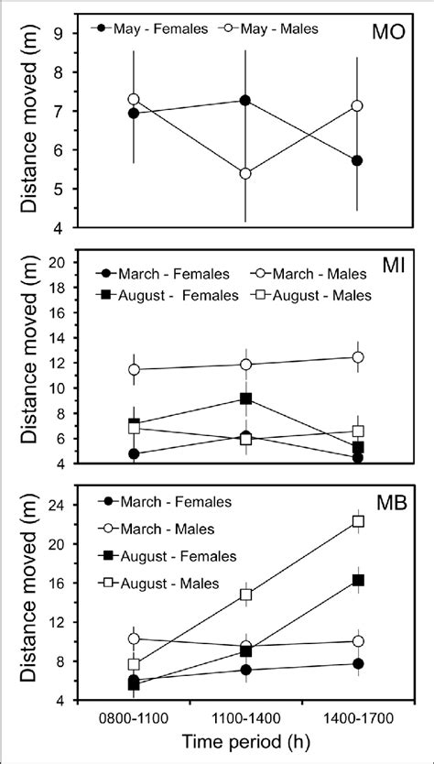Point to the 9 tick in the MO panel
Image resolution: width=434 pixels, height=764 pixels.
point(66,33)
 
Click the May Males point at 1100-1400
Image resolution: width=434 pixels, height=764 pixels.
point(245,173)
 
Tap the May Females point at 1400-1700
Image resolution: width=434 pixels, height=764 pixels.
point(357,160)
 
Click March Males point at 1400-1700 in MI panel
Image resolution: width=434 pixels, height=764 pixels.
point(358,357)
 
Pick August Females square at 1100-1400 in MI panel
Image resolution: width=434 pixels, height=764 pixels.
point(245,398)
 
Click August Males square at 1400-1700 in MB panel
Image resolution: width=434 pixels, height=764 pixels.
point(358,521)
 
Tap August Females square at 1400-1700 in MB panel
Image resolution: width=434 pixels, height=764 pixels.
point(358,580)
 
